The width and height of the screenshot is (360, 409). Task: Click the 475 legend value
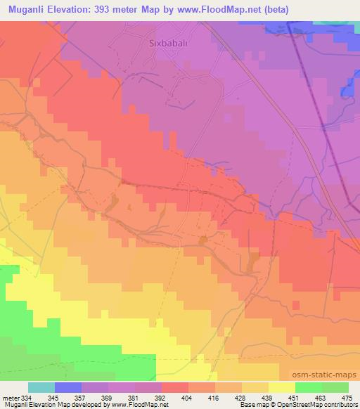(x=347, y=397)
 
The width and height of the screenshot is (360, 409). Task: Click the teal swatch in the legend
(x=41, y=387)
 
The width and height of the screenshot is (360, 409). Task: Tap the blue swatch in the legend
(x=68, y=387)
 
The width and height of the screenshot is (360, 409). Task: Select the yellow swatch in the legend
(x=281, y=387)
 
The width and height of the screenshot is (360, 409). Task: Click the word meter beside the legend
(x=11, y=397)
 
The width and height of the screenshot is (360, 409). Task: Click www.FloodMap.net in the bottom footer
(x=137, y=405)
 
